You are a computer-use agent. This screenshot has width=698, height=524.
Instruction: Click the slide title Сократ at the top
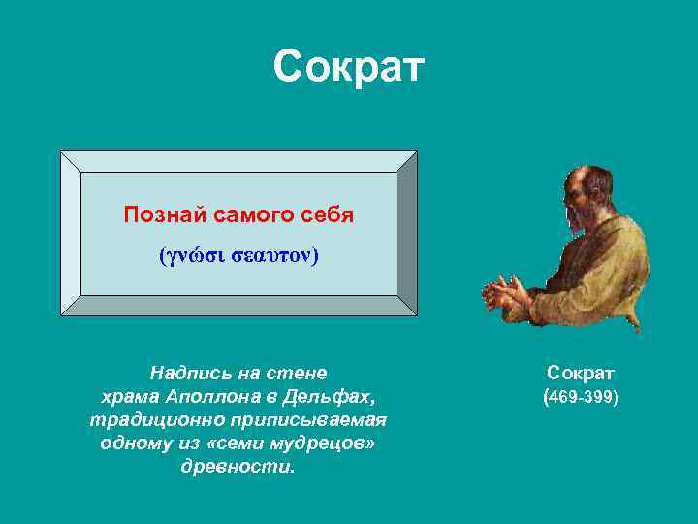coord(349,67)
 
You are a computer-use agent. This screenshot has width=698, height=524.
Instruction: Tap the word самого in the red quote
coord(253,214)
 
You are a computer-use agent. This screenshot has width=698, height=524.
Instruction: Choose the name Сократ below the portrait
coord(581,373)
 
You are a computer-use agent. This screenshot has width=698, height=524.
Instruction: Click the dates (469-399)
coord(581,397)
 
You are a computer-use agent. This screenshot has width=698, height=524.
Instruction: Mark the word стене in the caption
coord(301,373)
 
